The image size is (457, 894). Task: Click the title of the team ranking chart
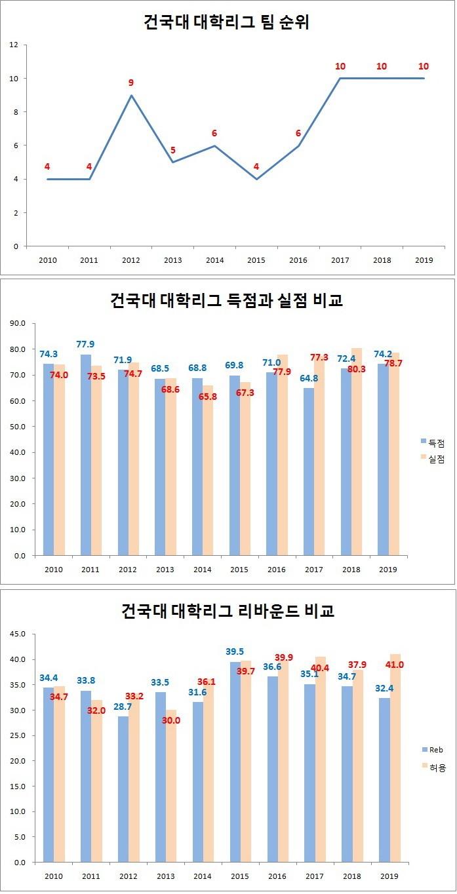coord(226,22)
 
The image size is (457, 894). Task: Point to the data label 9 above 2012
coord(131,83)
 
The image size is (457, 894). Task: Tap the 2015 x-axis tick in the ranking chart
coord(256,260)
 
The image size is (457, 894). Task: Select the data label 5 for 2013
coord(173,150)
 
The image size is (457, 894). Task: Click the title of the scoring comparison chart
coord(226,301)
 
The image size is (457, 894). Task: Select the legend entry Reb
coord(435,749)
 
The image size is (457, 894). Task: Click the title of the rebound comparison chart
coord(228,612)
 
